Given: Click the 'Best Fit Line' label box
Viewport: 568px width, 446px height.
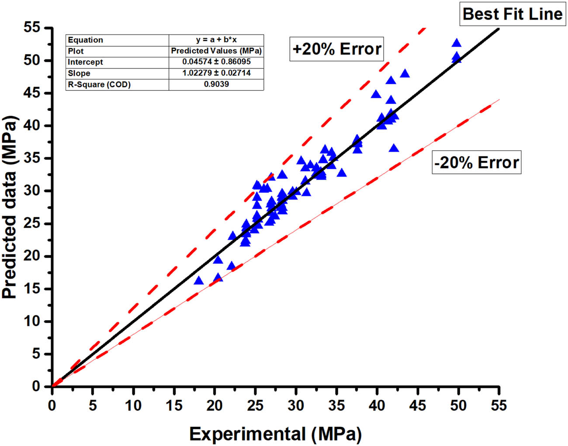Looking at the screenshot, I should click(512, 14).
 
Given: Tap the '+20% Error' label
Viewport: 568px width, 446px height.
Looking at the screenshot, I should click(336, 48).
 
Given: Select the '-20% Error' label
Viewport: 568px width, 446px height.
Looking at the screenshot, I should click(476, 162).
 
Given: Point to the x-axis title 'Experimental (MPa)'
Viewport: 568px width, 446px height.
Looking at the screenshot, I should click(275, 434).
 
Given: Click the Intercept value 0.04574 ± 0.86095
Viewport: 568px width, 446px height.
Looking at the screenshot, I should click(216, 62).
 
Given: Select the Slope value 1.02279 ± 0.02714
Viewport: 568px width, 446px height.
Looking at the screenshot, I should click(216, 73).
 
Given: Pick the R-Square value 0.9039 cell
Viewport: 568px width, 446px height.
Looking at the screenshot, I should click(216, 84).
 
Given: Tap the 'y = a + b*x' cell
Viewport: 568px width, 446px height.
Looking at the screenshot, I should click(216, 40).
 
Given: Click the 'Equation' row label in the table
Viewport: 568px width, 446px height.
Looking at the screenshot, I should click(86, 40).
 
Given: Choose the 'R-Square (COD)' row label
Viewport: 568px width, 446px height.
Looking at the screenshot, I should click(99, 84).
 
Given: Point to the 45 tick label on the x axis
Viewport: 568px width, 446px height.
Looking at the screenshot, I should click(418, 405).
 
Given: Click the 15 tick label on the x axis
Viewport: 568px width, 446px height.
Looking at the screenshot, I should click(174, 405).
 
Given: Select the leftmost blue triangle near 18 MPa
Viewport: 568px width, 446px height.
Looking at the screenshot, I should click(199, 281).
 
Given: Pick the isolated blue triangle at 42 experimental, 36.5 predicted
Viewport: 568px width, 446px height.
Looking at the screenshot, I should click(394, 149).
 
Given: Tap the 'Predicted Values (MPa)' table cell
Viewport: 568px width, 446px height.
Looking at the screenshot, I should click(216, 51).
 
